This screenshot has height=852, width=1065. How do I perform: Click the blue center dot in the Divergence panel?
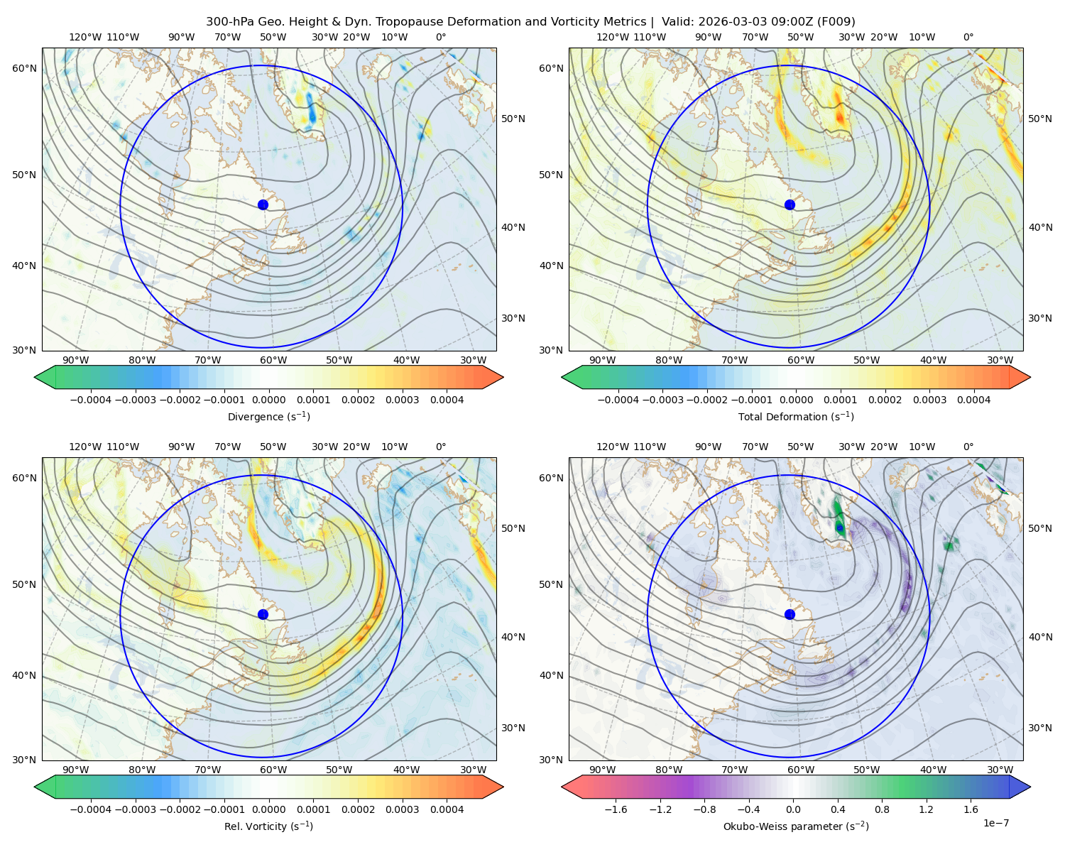tap(263, 204)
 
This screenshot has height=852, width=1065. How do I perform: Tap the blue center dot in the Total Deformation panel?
tap(790, 204)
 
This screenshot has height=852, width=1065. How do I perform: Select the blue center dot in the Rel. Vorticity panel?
tap(263, 614)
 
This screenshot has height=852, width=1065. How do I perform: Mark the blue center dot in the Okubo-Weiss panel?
tap(790, 614)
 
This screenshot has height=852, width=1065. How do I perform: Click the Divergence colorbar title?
tap(268, 417)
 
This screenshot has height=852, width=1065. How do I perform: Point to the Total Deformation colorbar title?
tap(796, 417)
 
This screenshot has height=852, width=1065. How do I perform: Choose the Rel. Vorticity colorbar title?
tap(268, 826)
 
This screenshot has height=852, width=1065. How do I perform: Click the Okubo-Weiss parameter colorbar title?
tap(796, 826)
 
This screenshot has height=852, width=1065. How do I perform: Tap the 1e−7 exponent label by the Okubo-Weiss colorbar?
tap(995, 823)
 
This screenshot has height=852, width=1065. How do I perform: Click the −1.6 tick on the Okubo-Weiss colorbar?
tap(616, 809)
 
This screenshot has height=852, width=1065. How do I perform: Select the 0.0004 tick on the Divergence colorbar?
tap(447, 400)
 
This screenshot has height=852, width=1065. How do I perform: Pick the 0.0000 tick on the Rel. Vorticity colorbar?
tap(268, 809)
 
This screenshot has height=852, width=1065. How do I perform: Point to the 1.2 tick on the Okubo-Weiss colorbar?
tap(927, 809)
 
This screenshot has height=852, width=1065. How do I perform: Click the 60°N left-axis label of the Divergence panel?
tap(24, 68)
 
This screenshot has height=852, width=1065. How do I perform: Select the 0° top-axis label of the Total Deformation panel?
tap(968, 37)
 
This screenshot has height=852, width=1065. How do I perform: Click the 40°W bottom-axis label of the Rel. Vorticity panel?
tap(406, 770)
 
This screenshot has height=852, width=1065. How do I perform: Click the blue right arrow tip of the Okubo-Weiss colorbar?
tap(1030, 787)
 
